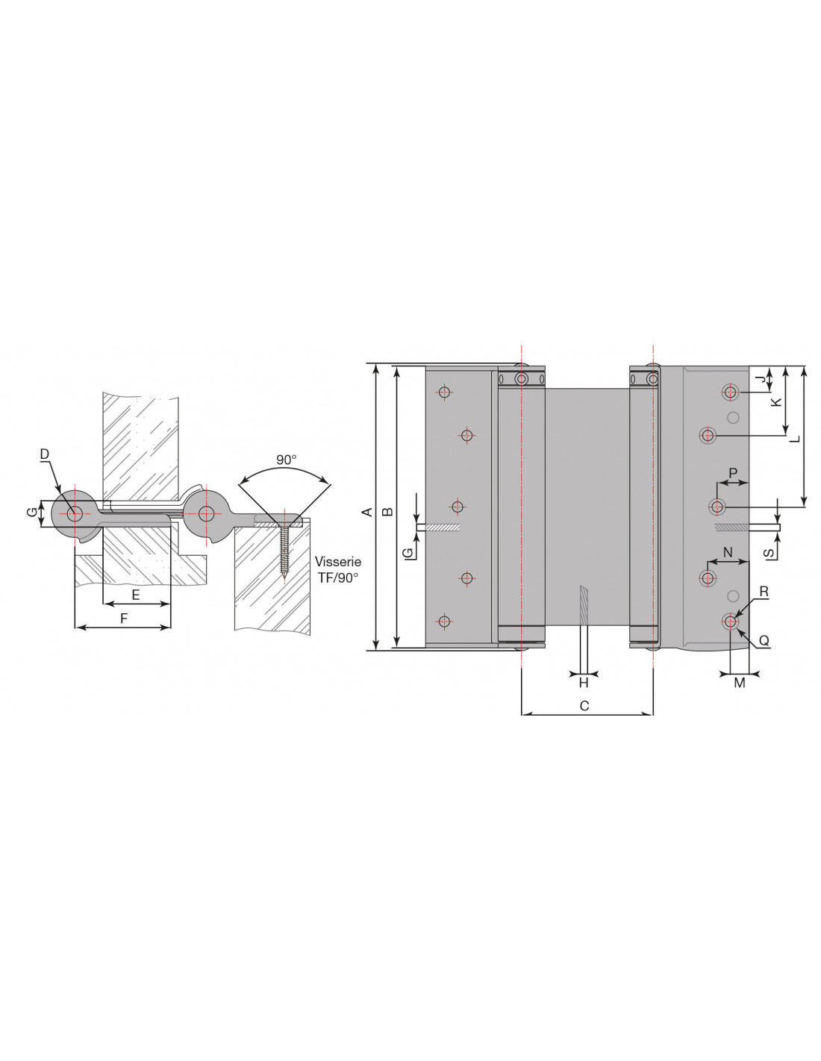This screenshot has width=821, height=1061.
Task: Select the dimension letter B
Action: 387,512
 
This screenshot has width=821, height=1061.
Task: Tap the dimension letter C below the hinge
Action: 584,706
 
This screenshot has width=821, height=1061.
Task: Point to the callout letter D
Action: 45,454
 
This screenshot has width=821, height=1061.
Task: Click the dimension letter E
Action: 136,595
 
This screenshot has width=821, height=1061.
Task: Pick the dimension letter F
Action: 124,619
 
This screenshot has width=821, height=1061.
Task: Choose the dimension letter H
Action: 584,683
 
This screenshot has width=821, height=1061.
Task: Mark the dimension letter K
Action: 776,402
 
